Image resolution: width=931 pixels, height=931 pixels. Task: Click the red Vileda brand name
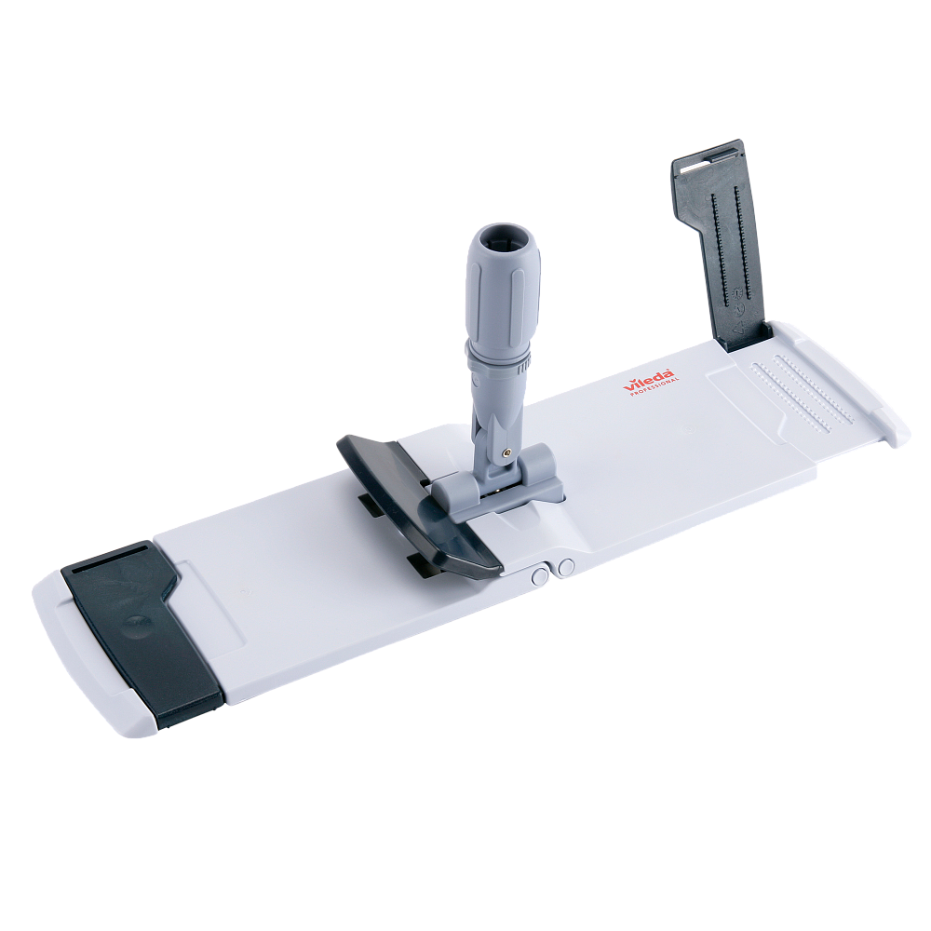point(649,381)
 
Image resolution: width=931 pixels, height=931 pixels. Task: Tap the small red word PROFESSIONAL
point(654,387)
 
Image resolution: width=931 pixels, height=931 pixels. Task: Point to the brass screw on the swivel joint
point(506,452)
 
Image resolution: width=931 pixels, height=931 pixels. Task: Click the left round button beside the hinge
point(540,575)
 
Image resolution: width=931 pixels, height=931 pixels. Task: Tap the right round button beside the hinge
point(566,567)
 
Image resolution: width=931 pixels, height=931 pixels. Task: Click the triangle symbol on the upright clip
point(739,327)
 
